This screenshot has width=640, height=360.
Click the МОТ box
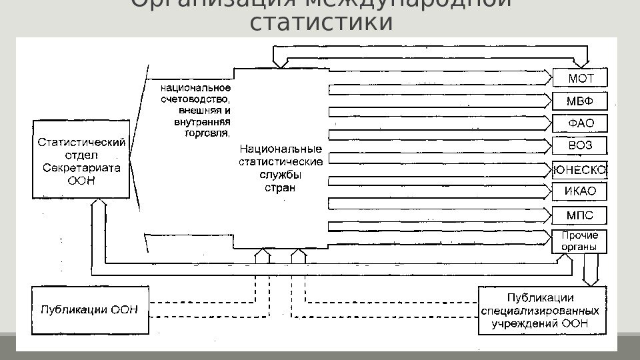tap(580, 79)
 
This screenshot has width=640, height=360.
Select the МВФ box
tap(580, 101)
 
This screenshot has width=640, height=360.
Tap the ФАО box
tap(580, 124)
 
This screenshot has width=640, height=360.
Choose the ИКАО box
tap(580, 193)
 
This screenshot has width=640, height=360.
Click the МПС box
tap(580, 215)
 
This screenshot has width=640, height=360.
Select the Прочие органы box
tap(580, 241)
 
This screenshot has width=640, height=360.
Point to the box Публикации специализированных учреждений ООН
tap(542, 310)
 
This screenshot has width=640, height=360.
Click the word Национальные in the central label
tap(280, 149)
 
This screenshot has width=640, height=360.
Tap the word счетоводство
tap(196, 98)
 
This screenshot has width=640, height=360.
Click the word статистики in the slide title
tap(320, 21)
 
